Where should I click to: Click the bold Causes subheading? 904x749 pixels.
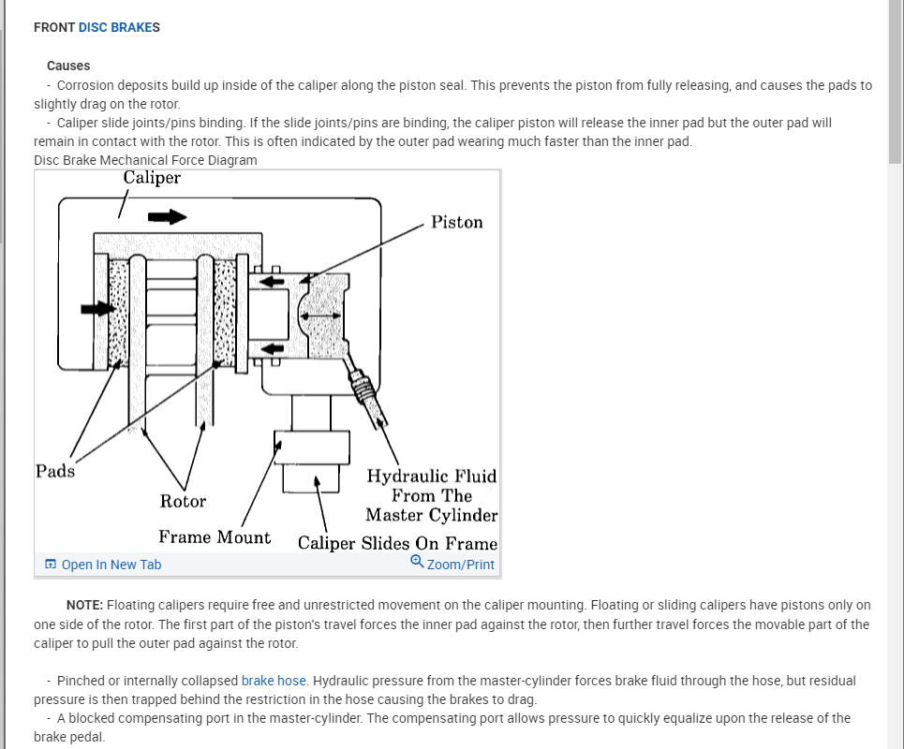[68, 66]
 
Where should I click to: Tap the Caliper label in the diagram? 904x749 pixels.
[151, 178]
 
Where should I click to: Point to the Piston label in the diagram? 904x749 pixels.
[457, 223]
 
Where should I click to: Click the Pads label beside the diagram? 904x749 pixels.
[54, 471]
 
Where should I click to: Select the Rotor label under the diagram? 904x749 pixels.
[183, 502]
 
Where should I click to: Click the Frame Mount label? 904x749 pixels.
[215, 537]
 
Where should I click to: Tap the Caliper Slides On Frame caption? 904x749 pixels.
[397, 544]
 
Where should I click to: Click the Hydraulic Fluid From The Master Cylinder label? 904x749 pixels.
[431, 495]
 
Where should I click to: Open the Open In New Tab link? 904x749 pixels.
[111, 565]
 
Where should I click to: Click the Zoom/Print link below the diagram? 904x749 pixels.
[460, 565]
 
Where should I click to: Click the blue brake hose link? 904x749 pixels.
[274, 681]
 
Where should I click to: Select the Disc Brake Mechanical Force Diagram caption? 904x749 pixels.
[145, 160]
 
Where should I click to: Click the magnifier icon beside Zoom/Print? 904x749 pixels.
[417, 563]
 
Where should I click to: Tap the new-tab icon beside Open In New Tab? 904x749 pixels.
[51, 565]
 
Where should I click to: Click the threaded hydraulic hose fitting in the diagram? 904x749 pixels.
[363, 385]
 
